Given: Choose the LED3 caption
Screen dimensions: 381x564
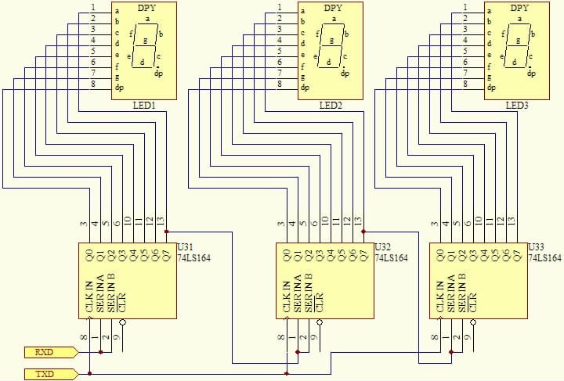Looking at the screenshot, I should click(517, 106).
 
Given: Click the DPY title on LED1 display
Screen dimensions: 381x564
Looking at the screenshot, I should click(146, 9).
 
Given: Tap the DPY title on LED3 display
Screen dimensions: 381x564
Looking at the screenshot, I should click(519, 9).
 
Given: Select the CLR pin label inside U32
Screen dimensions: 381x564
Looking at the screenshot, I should click(320, 302).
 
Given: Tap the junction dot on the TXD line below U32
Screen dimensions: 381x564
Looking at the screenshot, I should click(287, 374).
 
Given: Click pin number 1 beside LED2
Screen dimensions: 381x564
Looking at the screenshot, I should click(280, 9).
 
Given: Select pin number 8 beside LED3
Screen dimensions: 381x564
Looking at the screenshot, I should click(466, 84).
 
